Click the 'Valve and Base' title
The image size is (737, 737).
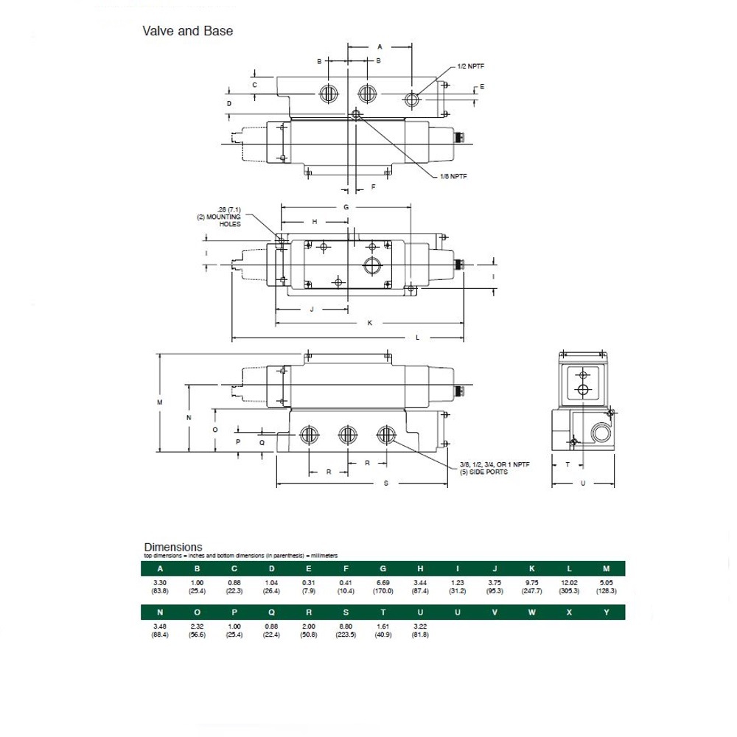click(187, 31)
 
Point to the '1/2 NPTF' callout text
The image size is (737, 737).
click(471, 66)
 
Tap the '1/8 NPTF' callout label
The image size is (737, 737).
click(454, 176)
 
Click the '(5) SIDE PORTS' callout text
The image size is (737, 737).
click(483, 472)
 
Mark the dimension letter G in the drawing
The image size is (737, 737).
click(346, 207)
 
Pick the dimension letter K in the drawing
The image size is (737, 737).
click(370, 323)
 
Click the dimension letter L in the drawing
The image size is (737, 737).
click(417, 338)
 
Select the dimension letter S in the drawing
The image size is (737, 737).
click(386, 484)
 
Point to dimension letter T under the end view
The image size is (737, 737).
click(567, 464)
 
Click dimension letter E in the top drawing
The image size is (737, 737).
click(482, 87)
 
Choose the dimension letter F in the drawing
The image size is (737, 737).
click(373, 187)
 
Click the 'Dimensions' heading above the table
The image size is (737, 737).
click(172, 547)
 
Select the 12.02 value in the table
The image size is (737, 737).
click(569, 583)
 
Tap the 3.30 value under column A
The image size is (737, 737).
click(160, 583)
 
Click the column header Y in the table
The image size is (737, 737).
click(606, 612)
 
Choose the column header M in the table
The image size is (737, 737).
click(606, 568)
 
